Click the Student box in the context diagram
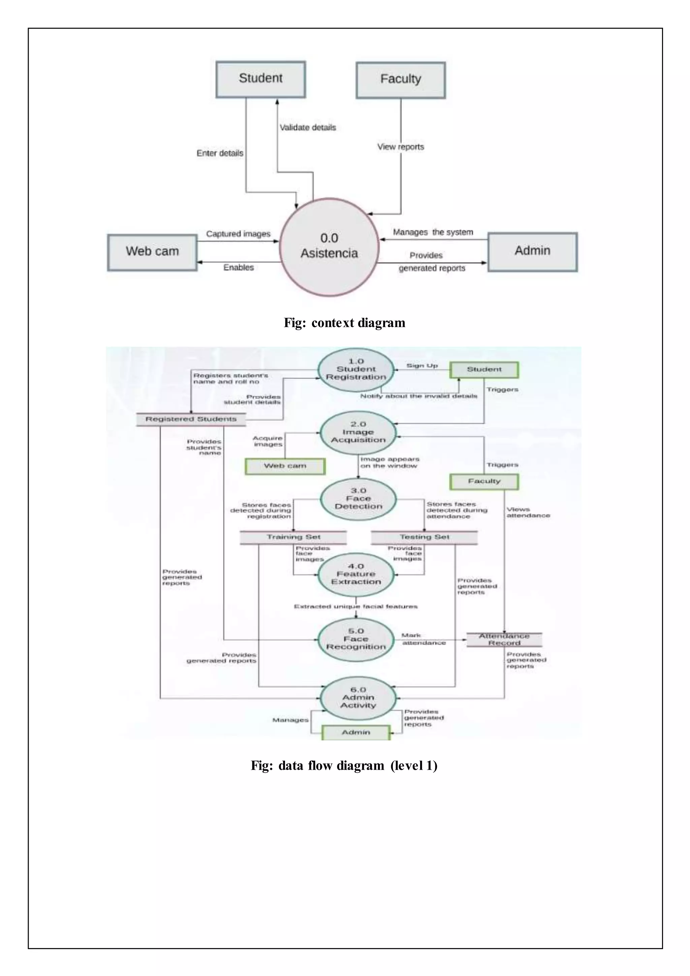[x=260, y=80]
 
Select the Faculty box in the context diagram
[x=400, y=80]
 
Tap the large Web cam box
[x=152, y=252]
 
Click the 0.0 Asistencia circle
[x=329, y=247]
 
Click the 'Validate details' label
[x=308, y=127]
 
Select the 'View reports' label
[x=401, y=147]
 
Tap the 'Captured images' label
[x=238, y=234]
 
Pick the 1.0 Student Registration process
[x=356, y=369]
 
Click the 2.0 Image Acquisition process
[x=358, y=432]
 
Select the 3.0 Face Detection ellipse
[x=358, y=499]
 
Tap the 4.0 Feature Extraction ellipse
[x=356, y=574]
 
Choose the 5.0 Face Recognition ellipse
[x=356, y=639]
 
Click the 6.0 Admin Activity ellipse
[x=358, y=698]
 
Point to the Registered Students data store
[x=191, y=419]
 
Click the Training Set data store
[x=293, y=537]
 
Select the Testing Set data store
[x=424, y=537]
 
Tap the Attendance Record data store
[x=504, y=639]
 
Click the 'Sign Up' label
[x=421, y=366]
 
